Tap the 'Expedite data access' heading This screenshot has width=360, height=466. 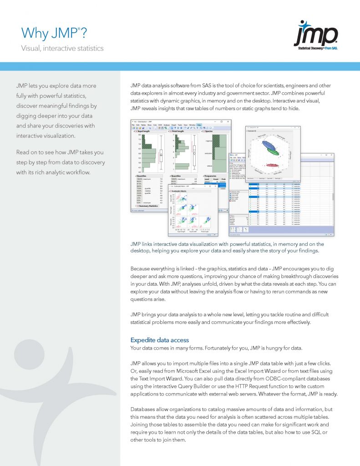point(159,340)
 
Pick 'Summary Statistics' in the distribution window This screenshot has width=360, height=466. point(146,206)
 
